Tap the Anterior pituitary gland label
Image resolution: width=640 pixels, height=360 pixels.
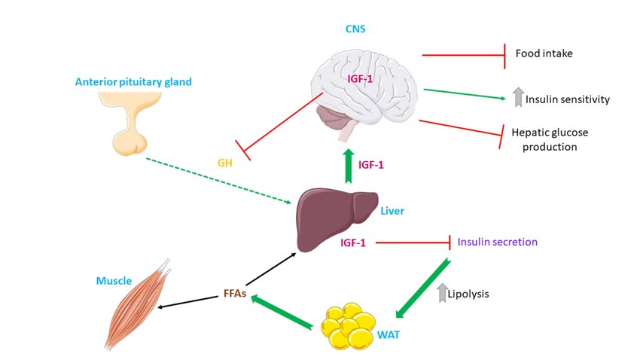click(x=133, y=81)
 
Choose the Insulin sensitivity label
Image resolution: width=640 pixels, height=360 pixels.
click(x=567, y=99)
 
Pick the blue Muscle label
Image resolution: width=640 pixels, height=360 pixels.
click(x=113, y=281)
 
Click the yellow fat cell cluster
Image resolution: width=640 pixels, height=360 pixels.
click(x=349, y=325)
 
